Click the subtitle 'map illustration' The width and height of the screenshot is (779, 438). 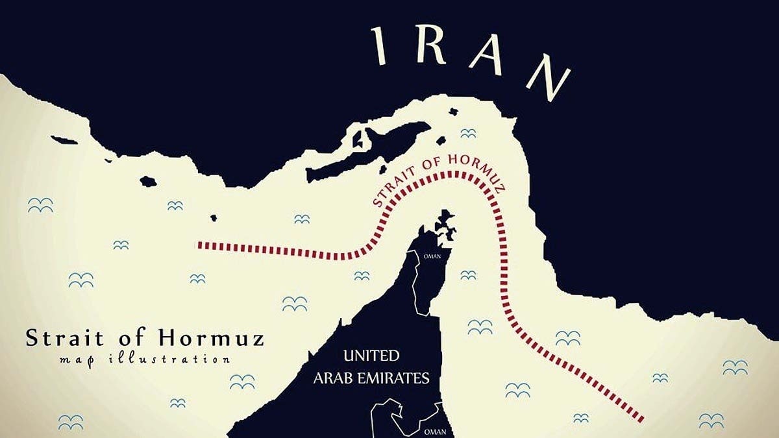click(x=144, y=359)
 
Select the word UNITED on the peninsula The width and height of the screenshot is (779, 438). click(x=371, y=356)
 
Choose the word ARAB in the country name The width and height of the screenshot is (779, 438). click(x=335, y=378)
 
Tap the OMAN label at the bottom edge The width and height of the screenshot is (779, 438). click(x=434, y=431)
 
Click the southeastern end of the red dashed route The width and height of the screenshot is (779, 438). click(x=641, y=419)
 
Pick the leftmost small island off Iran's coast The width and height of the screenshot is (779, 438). click(x=64, y=140)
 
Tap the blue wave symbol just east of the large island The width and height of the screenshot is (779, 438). click(x=468, y=133)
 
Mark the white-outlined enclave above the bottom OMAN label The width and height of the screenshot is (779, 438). click(x=396, y=415)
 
